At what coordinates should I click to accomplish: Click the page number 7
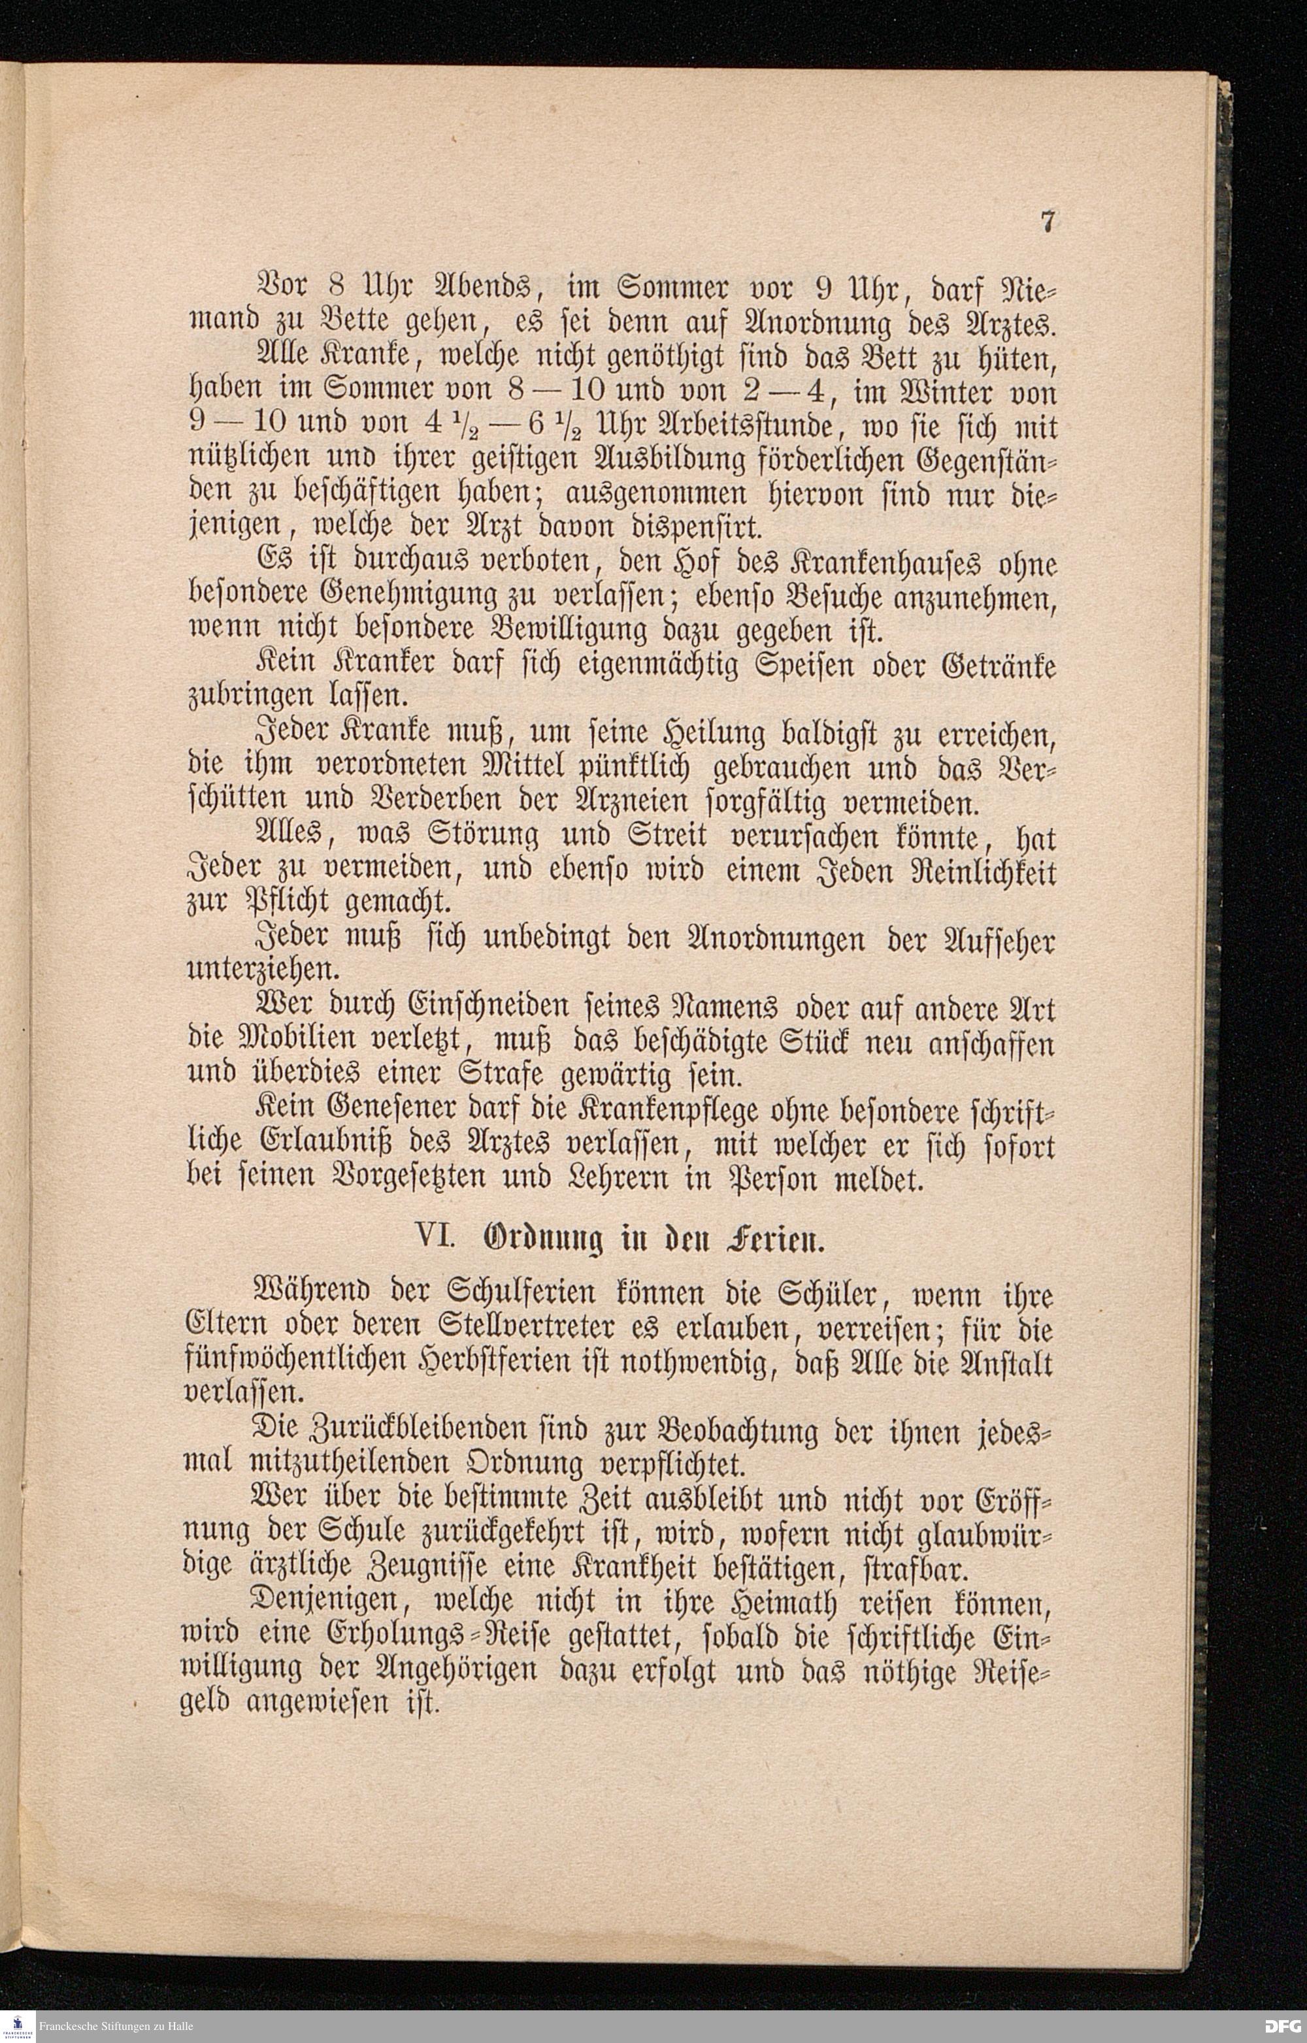click(x=1048, y=222)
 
